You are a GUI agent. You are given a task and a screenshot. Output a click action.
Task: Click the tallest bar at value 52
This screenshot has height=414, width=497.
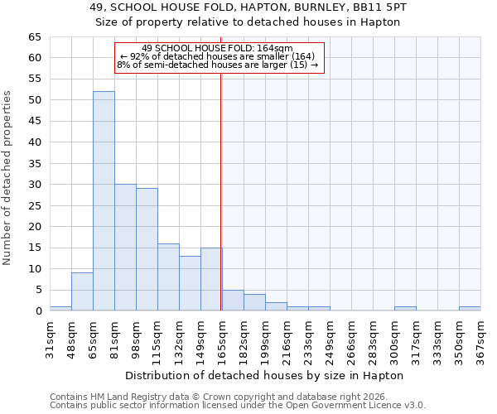pos(104,201)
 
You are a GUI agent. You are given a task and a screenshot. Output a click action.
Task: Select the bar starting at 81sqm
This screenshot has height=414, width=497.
pos(125,248)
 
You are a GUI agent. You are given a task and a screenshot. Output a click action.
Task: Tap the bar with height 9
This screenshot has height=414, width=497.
pos(82,291)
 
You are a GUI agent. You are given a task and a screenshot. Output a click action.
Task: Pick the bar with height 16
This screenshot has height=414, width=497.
pos(168,277)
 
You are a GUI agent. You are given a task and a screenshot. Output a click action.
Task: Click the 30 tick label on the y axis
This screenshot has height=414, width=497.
pos(34,185)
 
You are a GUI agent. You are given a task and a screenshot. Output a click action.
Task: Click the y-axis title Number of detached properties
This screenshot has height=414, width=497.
pos(8,179)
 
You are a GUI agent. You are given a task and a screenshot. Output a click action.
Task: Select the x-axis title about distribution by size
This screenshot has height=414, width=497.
pos(264,375)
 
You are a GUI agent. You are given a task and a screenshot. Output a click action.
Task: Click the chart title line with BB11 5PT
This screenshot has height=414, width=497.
pos(248,7)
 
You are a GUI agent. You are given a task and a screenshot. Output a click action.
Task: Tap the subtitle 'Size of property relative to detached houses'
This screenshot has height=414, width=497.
pos(248,22)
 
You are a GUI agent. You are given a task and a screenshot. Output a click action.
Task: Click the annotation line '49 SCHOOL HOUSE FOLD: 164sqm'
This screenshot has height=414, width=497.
pos(218,49)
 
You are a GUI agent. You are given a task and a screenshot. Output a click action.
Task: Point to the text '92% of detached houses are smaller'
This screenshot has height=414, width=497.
pos(218,56)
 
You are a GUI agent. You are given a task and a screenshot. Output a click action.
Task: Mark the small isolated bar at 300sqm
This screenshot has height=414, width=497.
pos(405,309)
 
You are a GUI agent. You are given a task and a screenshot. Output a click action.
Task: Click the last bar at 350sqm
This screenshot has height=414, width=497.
pos(470,309)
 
